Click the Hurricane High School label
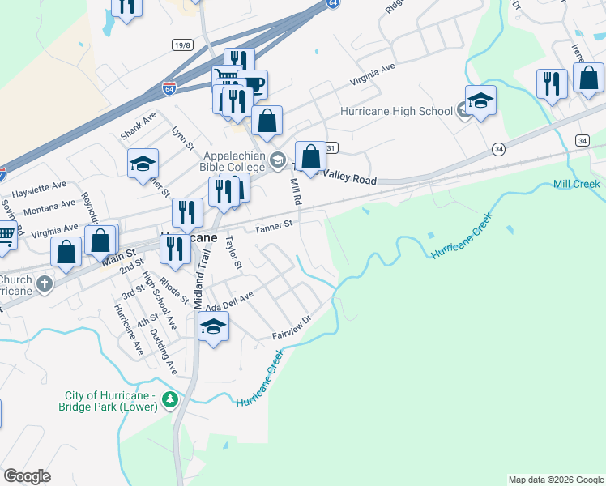(x=396, y=111)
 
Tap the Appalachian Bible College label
(x=235, y=161)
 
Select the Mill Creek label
(x=576, y=185)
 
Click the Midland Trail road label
(x=197, y=275)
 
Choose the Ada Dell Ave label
(x=230, y=301)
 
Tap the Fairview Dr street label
(x=292, y=327)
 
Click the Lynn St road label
(x=183, y=138)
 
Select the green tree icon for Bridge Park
(x=169, y=399)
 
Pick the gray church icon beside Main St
(x=45, y=284)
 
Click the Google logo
(x=28, y=476)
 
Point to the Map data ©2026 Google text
(x=556, y=480)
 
